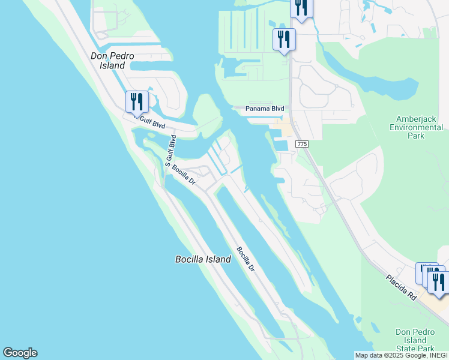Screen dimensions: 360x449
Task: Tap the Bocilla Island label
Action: coord(203,260)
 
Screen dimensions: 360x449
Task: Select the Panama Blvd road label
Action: coord(265,109)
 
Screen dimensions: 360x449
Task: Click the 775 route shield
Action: coord(301,145)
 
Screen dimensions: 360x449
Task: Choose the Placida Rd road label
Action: coord(402,287)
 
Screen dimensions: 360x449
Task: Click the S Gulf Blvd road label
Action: coord(170,151)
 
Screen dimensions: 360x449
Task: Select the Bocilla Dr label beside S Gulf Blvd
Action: coord(184,175)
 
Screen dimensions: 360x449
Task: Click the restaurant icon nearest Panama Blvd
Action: coord(283,40)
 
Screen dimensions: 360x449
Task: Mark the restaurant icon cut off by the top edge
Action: coord(301,7)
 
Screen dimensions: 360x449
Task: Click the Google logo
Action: coord(20,353)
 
